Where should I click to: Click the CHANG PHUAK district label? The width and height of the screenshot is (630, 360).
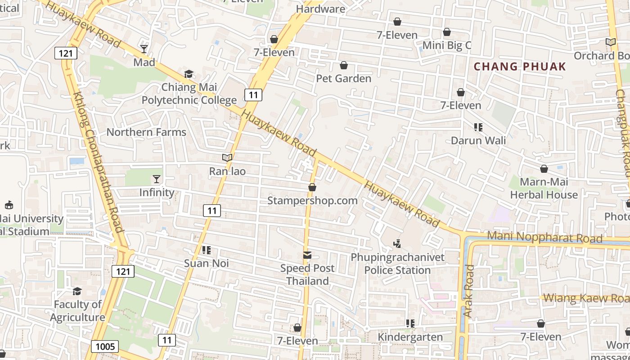click(x=520, y=67)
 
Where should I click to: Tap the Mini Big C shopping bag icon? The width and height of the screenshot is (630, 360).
click(x=447, y=32)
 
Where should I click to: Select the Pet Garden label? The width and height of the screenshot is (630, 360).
click(x=343, y=78)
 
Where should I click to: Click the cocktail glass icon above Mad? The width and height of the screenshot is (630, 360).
click(x=144, y=49)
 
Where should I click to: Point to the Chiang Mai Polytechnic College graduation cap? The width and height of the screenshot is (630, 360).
click(x=189, y=74)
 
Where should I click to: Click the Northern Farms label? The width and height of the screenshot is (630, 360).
click(x=146, y=132)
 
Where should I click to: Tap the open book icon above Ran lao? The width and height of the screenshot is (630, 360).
click(x=227, y=158)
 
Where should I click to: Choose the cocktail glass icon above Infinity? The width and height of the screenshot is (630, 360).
click(x=157, y=179)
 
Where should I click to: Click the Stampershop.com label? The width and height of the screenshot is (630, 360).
click(x=312, y=200)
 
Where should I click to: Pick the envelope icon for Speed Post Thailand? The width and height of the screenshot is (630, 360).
click(x=307, y=255)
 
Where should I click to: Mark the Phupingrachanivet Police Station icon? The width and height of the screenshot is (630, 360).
click(x=397, y=244)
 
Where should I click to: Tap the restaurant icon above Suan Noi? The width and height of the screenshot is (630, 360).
click(x=207, y=250)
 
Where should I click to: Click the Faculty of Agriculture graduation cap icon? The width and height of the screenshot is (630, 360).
click(x=77, y=292)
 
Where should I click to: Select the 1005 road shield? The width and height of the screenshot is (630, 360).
click(x=105, y=346)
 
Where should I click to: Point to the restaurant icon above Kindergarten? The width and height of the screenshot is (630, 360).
click(x=410, y=324)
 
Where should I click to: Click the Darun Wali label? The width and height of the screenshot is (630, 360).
click(x=478, y=140)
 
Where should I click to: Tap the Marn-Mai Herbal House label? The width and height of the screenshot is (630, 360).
click(x=544, y=188)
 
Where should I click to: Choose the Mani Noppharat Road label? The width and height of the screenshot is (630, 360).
click(x=544, y=237)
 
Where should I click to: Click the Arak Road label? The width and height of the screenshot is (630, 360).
click(x=469, y=291)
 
